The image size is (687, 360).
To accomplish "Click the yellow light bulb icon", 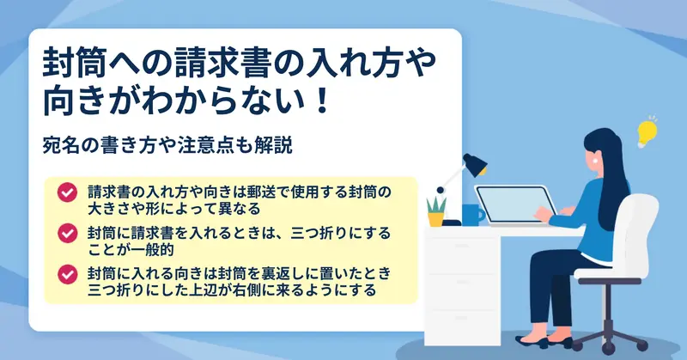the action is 647,132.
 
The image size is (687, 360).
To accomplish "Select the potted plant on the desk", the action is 436,211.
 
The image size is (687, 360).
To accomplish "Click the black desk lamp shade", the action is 476,164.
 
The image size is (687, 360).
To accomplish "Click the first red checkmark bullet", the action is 68,192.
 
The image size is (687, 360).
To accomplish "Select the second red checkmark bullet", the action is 68,234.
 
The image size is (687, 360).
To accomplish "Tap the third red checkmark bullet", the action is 68,274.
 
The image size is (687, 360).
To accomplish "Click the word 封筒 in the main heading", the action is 76,62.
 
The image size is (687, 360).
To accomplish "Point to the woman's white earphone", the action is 596,161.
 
